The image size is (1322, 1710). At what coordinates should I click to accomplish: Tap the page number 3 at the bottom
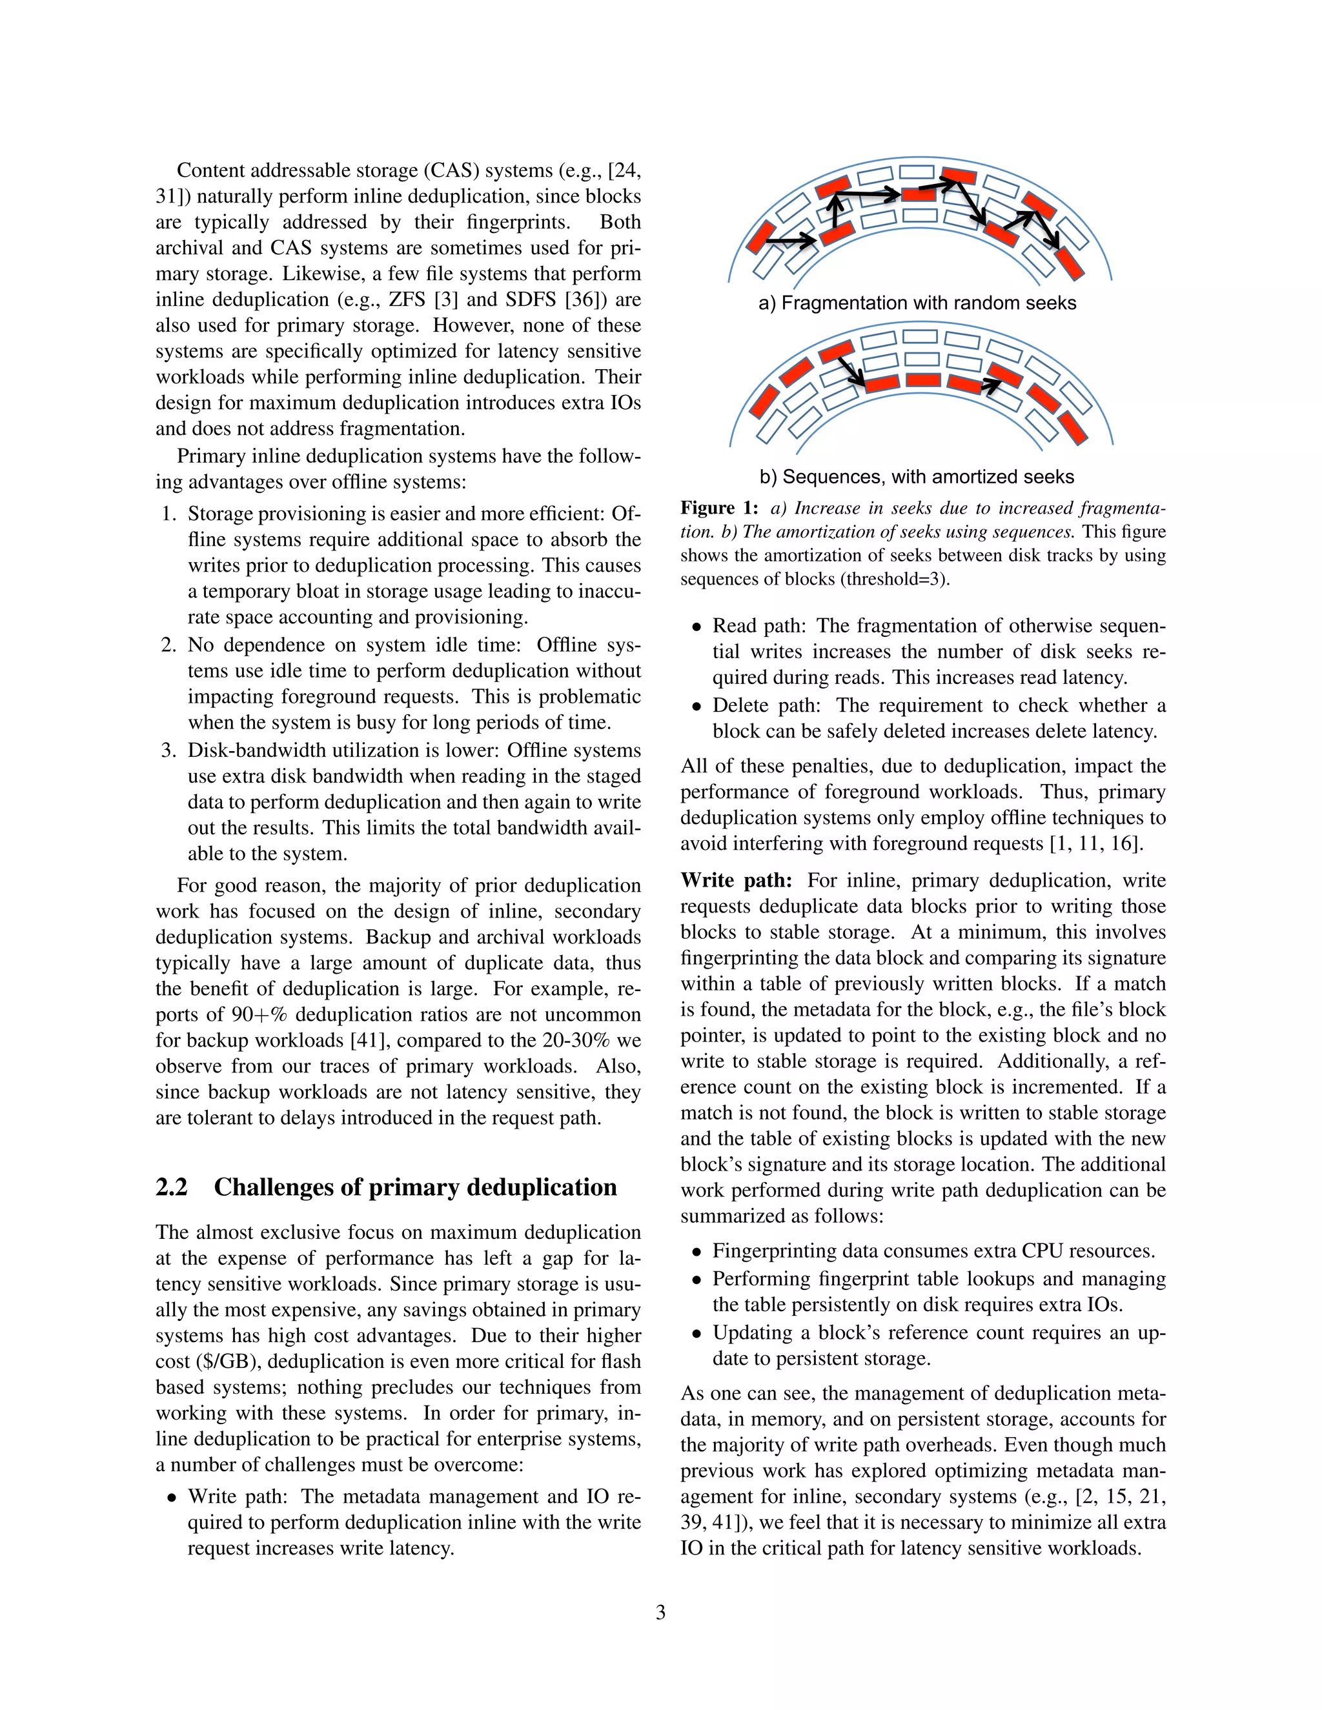click(660, 1612)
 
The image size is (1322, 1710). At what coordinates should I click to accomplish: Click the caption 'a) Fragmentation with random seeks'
click(917, 303)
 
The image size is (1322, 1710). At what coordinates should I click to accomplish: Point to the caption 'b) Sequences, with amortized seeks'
click(917, 477)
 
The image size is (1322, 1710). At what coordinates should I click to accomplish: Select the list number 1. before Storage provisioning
click(169, 514)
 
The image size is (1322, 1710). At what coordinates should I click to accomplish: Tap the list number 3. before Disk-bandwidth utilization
click(169, 751)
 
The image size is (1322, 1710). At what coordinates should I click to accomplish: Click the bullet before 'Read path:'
click(697, 627)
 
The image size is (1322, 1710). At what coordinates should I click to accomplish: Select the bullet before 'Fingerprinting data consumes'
click(697, 1252)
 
